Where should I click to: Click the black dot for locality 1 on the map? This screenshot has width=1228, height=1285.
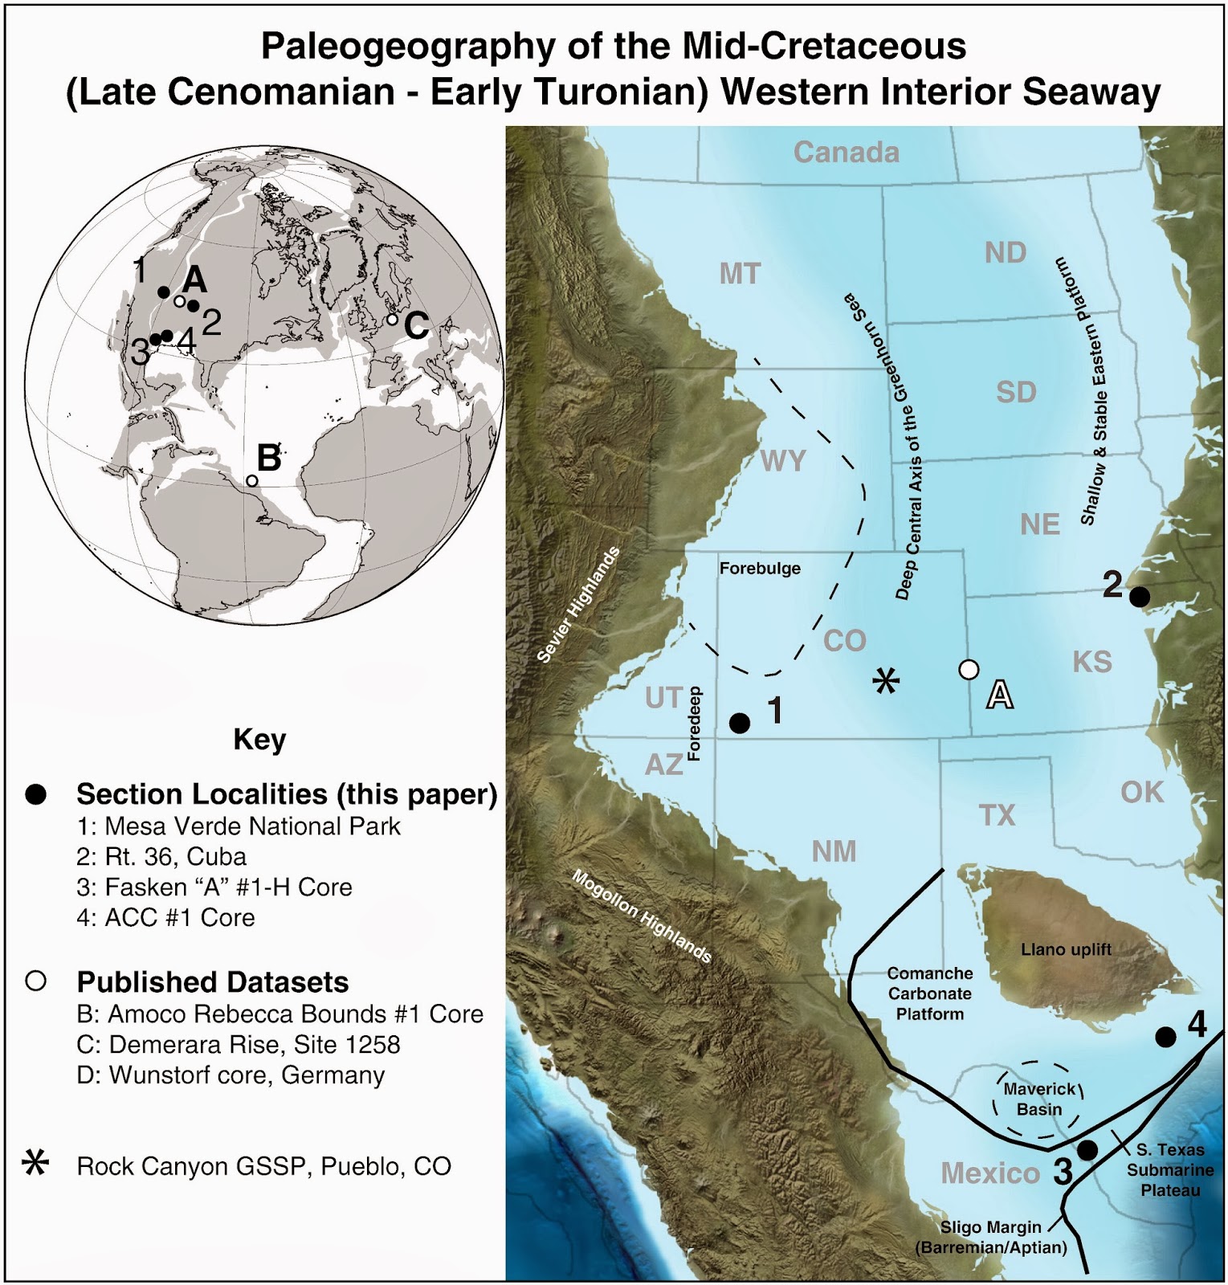tap(739, 723)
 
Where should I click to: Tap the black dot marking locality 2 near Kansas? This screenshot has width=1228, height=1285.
tap(1139, 597)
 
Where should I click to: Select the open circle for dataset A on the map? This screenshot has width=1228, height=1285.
tap(969, 669)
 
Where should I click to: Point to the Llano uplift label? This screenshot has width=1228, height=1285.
tap(1066, 949)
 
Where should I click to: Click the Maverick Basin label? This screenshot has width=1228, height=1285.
tap(1039, 1099)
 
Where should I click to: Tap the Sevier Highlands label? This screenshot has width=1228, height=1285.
tap(579, 605)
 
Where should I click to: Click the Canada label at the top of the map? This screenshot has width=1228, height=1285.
tap(846, 152)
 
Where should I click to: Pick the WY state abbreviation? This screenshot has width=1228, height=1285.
tap(783, 461)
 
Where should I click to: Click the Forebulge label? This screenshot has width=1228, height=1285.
tap(760, 569)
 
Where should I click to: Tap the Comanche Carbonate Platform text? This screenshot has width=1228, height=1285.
tap(930, 993)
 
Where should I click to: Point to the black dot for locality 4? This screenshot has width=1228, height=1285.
tap(1165, 1037)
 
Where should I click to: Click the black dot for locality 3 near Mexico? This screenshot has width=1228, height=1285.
tap(1087, 1150)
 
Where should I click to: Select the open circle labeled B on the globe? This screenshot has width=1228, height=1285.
tap(251, 480)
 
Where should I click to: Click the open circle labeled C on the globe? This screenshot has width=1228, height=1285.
tap(392, 319)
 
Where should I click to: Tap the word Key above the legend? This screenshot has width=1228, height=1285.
tap(259, 739)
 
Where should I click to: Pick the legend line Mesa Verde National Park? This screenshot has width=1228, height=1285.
tap(252, 826)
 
